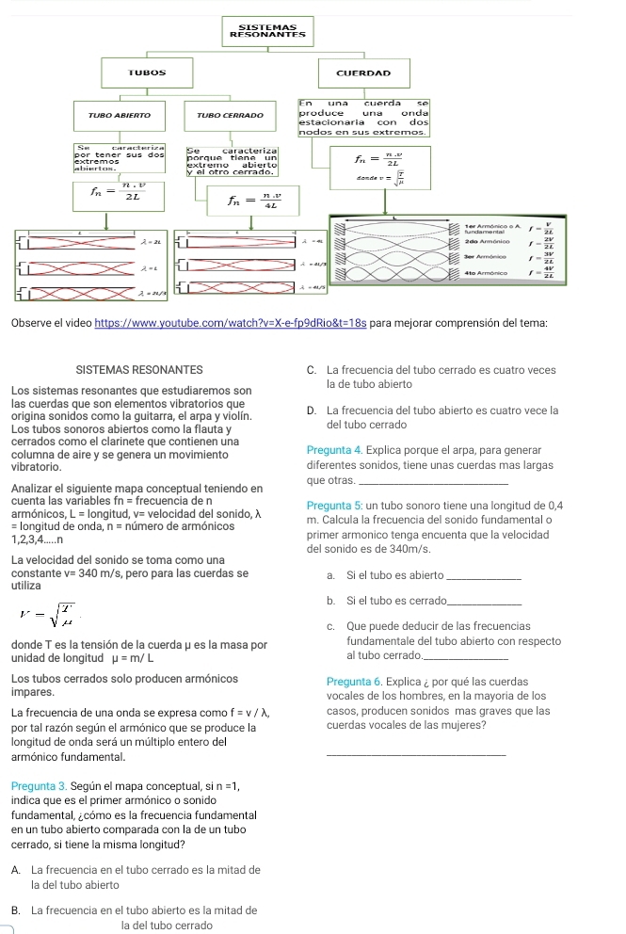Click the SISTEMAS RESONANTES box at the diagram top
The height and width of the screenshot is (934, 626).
click(x=256, y=31)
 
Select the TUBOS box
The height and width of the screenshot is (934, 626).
click(x=155, y=72)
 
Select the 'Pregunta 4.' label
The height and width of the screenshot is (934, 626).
click(x=334, y=450)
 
